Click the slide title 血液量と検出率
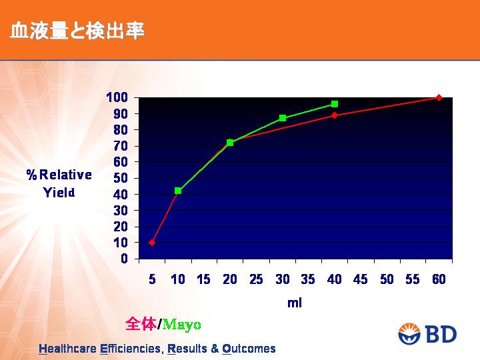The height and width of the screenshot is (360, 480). tap(77, 31)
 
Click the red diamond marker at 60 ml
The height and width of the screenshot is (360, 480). tap(439, 97)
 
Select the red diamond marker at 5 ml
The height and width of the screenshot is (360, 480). tap(152, 243)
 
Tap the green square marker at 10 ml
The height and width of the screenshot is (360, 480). tap(178, 191)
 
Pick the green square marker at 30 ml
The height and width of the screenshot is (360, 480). tap(283, 118)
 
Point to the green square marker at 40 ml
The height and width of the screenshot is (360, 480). tap(335, 104)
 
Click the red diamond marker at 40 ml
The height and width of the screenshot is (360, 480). tap(335, 115)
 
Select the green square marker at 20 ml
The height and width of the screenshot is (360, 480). tap(230, 143)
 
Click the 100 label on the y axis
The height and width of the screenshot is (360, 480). tap(117, 97)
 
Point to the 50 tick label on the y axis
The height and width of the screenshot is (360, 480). tap(120, 178)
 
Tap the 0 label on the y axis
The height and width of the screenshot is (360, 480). tap(124, 259)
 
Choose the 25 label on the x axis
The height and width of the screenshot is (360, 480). tap(256, 279)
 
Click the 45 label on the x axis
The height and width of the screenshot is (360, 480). tap(360, 279)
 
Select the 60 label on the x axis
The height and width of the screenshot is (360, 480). tap(439, 279)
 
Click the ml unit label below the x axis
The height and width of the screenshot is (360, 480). tap(295, 303)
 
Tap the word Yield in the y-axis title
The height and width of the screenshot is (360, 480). tap(59, 193)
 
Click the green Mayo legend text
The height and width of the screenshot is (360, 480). tap(182, 325)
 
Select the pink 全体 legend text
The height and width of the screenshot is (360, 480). tap(141, 324)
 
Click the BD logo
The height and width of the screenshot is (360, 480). tap(427, 334)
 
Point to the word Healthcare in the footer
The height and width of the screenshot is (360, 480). tap(67, 349)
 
